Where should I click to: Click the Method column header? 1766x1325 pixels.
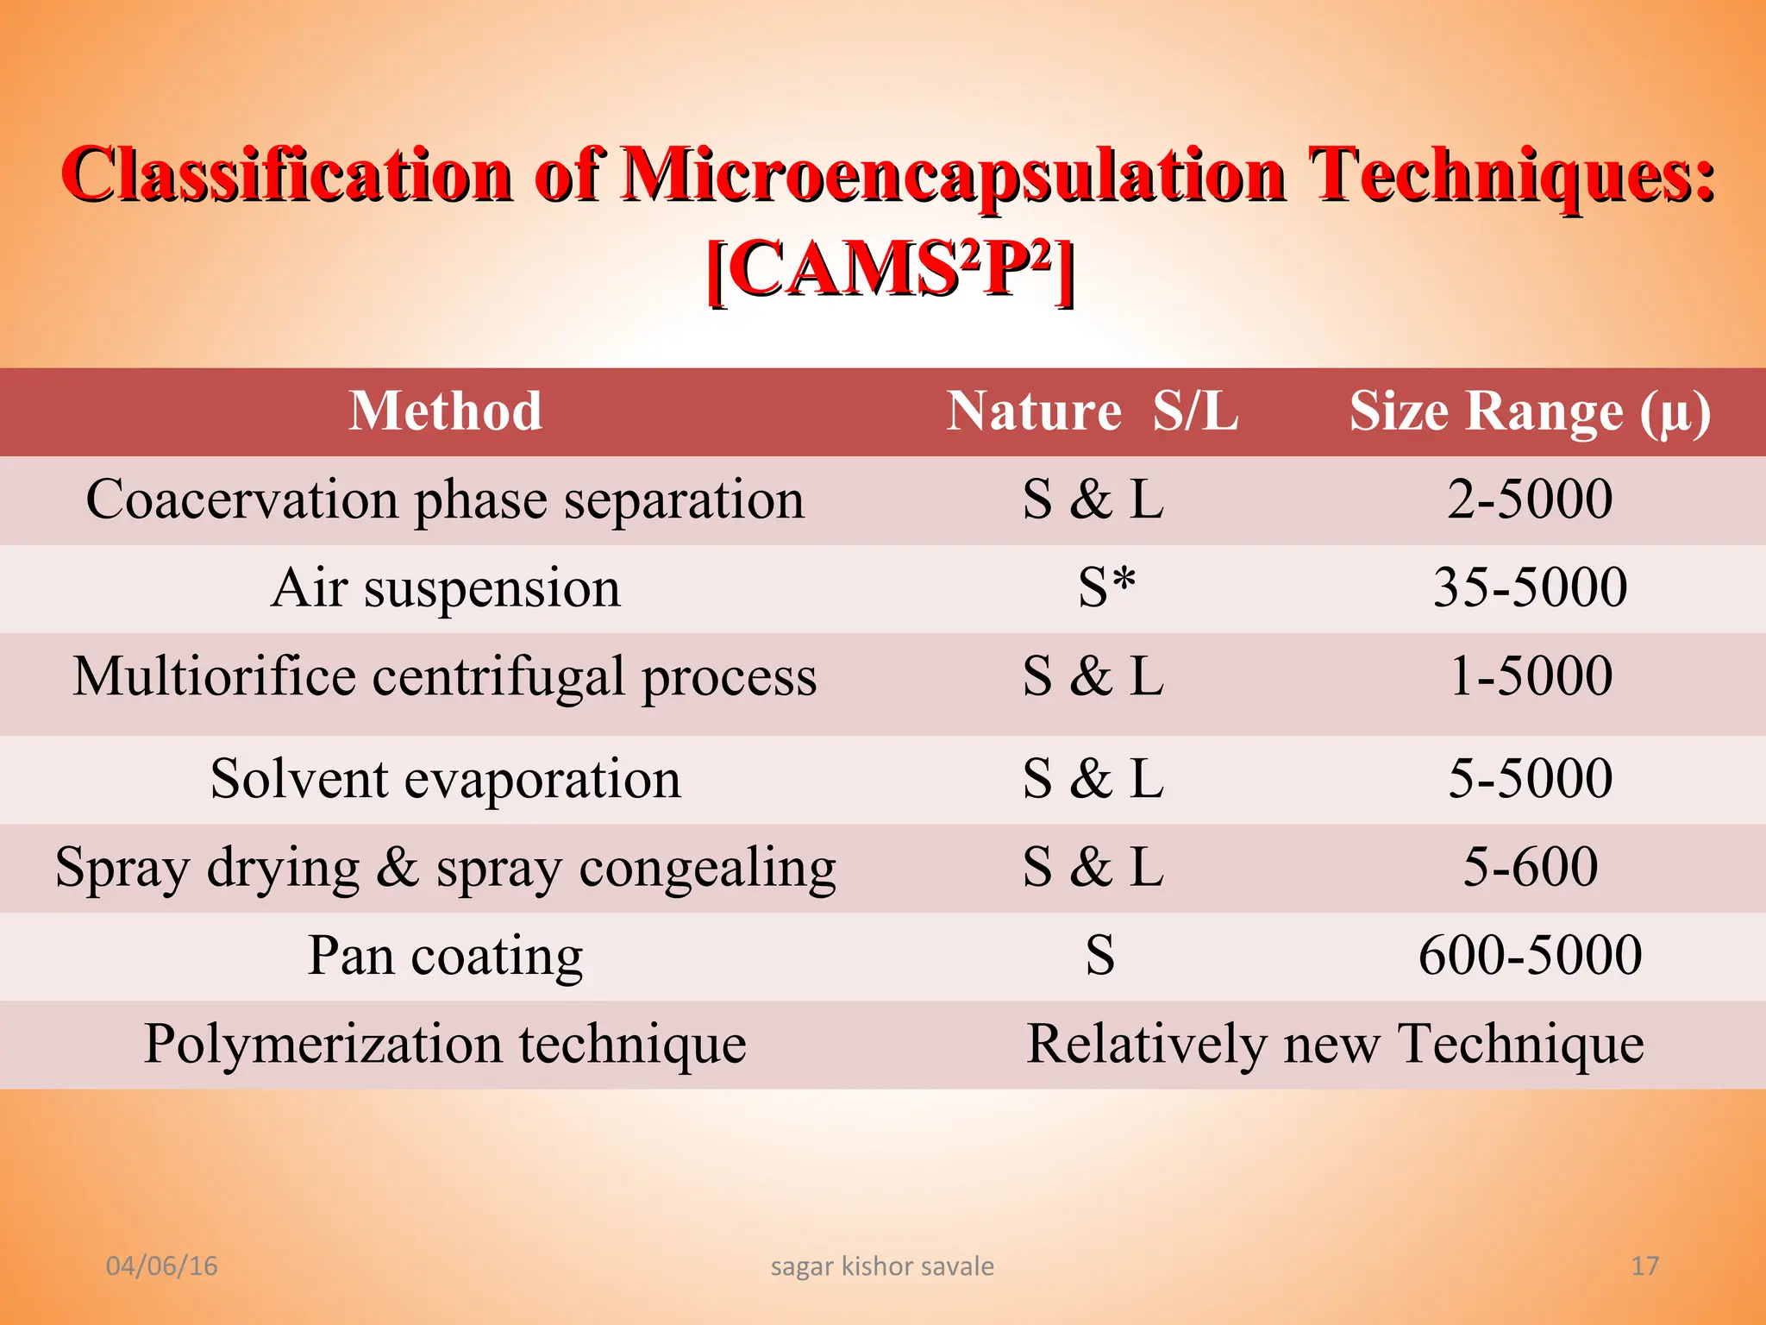(x=445, y=411)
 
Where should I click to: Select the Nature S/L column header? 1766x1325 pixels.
(x=1093, y=411)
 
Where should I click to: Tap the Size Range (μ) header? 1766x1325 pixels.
(x=1530, y=412)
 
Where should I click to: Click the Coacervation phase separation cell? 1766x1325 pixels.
(x=445, y=500)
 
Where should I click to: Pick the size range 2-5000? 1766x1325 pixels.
(x=1530, y=499)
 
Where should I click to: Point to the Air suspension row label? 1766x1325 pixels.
(x=445, y=588)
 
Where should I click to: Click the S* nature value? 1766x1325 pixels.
(x=1106, y=588)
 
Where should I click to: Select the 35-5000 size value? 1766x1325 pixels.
(x=1530, y=588)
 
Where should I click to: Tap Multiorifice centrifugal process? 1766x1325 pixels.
(x=445, y=677)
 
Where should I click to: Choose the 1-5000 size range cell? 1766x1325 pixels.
(x=1530, y=676)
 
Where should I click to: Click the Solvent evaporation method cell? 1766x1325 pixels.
(x=445, y=780)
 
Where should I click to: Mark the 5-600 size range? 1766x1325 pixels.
(x=1530, y=868)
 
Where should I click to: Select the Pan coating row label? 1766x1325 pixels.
(x=445, y=957)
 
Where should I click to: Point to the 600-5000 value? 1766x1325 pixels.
(x=1530, y=956)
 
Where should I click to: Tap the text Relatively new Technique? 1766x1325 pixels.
(x=1335, y=1045)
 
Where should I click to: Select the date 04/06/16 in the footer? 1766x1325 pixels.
(x=161, y=1265)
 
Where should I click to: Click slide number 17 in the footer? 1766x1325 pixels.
(x=1644, y=1265)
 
